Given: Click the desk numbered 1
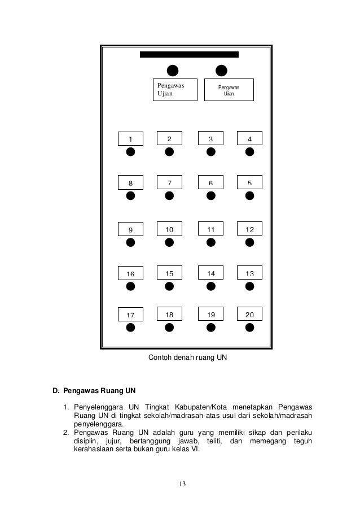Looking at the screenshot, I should tap(130, 138).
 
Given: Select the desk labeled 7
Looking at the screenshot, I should tap(170, 182).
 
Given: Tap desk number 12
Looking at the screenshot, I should tap(249, 229).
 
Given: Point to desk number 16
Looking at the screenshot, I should tap(130, 274).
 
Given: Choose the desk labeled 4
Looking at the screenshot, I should tap(249, 138).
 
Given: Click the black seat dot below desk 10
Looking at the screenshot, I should tap(169, 242).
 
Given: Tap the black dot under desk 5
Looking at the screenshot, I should tap(249, 195).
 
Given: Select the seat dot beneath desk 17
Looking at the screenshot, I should tap(130, 327).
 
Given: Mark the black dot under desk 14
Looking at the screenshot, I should tap(211, 286).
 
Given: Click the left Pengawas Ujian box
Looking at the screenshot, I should tap(175, 89).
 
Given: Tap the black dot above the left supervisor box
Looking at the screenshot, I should tap(173, 70).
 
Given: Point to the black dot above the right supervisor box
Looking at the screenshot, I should tap(222, 70).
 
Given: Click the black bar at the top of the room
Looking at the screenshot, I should tap(189, 55).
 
